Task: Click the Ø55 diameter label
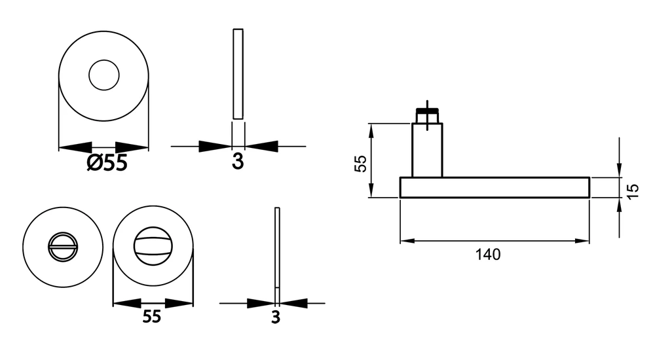(x=107, y=162)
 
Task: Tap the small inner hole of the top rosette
(x=104, y=75)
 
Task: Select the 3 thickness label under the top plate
(x=238, y=161)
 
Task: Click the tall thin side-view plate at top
(x=238, y=74)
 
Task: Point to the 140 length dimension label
(x=488, y=255)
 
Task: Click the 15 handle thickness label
(x=633, y=191)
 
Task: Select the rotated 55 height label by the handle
(x=360, y=163)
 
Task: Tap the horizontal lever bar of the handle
(x=495, y=187)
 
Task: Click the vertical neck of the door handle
(x=427, y=151)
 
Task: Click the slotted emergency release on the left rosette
(x=63, y=247)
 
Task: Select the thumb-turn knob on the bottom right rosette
(x=153, y=245)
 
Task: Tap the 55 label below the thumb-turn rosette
(x=152, y=317)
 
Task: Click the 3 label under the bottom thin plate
(x=276, y=317)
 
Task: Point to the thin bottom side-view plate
(x=277, y=255)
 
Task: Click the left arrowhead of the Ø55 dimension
(x=75, y=147)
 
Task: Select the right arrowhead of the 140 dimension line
(x=582, y=241)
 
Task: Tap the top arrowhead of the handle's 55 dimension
(x=371, y=131)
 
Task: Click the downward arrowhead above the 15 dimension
(x=619, y=170)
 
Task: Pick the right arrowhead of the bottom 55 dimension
(x=179, y=304)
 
